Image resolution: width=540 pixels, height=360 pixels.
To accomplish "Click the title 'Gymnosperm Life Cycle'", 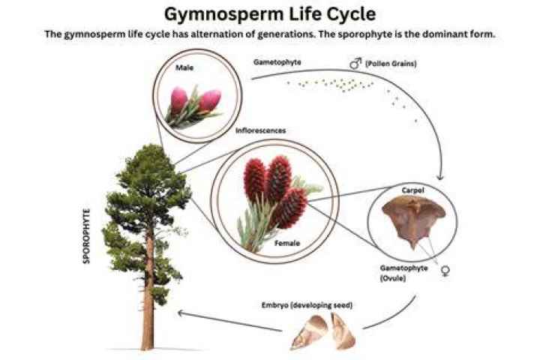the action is (x=270, y=14).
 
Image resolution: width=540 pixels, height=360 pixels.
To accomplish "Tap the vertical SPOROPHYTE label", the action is (x=86, y=236).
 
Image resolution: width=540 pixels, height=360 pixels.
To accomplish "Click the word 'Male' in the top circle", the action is (x=184, y=67).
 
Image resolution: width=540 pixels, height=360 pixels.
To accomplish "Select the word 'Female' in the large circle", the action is (x=286, y=243).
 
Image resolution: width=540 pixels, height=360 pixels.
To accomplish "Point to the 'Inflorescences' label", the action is (x=261, y=130).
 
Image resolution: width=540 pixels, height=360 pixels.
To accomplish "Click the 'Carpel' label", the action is (x=413, y=190).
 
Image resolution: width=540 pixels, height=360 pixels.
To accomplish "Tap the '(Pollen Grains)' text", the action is (x=391, y=64).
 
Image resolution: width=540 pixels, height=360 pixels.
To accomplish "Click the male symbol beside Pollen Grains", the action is (x=355, y=64).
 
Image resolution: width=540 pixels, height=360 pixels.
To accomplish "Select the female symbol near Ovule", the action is (x=445, y=271).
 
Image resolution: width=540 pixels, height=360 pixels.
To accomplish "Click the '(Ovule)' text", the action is (x=393, y=278).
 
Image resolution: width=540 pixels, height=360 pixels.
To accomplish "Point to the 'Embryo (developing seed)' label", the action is (x=307, y=305).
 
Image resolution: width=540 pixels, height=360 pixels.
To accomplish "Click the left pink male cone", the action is (x=178, y=100).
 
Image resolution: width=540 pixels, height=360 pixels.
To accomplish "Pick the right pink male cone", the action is (x=209, y=100).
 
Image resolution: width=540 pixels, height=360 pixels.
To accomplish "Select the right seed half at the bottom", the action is (x=342, y=330).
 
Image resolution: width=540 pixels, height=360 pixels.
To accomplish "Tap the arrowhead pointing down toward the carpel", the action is (x=440, y=178).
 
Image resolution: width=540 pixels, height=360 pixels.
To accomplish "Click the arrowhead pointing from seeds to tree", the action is (x=181, y=313).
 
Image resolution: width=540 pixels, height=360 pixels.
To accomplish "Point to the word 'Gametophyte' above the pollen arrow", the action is (x=277, y=62).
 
